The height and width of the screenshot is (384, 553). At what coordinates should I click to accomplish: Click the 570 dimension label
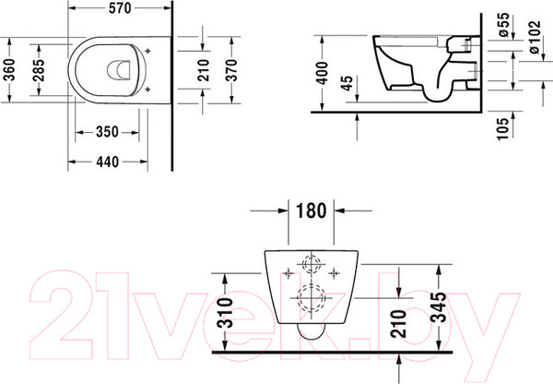(120, 8)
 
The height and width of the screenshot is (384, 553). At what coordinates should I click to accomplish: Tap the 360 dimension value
(10, 69)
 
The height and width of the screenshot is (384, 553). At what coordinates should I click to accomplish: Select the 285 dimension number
(39, 70)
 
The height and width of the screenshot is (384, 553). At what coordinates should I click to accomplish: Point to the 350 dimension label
(107, 132)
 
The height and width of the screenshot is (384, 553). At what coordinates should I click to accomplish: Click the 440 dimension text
(108, 162)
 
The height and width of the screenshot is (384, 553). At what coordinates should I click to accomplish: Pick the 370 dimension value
(231, 70)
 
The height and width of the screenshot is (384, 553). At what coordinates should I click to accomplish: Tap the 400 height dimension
(322, 73)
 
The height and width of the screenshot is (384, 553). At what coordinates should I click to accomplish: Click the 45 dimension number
(347, 83)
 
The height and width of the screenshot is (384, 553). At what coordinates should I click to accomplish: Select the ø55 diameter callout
(503, 25)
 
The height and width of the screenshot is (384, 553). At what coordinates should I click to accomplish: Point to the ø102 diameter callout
(535, 37)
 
